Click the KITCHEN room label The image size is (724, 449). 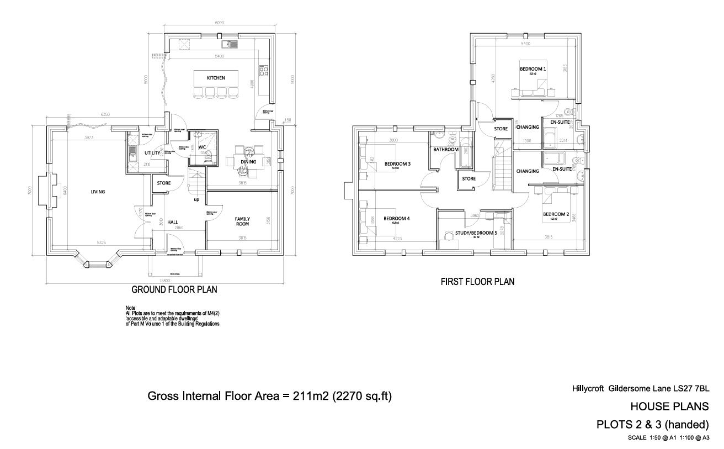216,78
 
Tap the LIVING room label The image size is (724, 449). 98,192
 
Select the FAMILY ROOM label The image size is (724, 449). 242,221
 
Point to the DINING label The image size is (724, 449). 249,162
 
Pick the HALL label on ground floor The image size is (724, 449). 172,222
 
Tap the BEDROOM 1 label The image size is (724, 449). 533,69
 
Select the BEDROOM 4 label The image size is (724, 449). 397,218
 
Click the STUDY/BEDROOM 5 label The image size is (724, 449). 476,233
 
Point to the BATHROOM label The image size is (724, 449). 445,149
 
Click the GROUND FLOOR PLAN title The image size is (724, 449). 174,289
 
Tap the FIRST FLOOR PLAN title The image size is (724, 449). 477,282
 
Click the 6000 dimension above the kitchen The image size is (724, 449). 219,23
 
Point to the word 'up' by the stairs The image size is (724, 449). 196,199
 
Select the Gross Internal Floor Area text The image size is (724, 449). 269,396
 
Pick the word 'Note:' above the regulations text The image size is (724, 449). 131,308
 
